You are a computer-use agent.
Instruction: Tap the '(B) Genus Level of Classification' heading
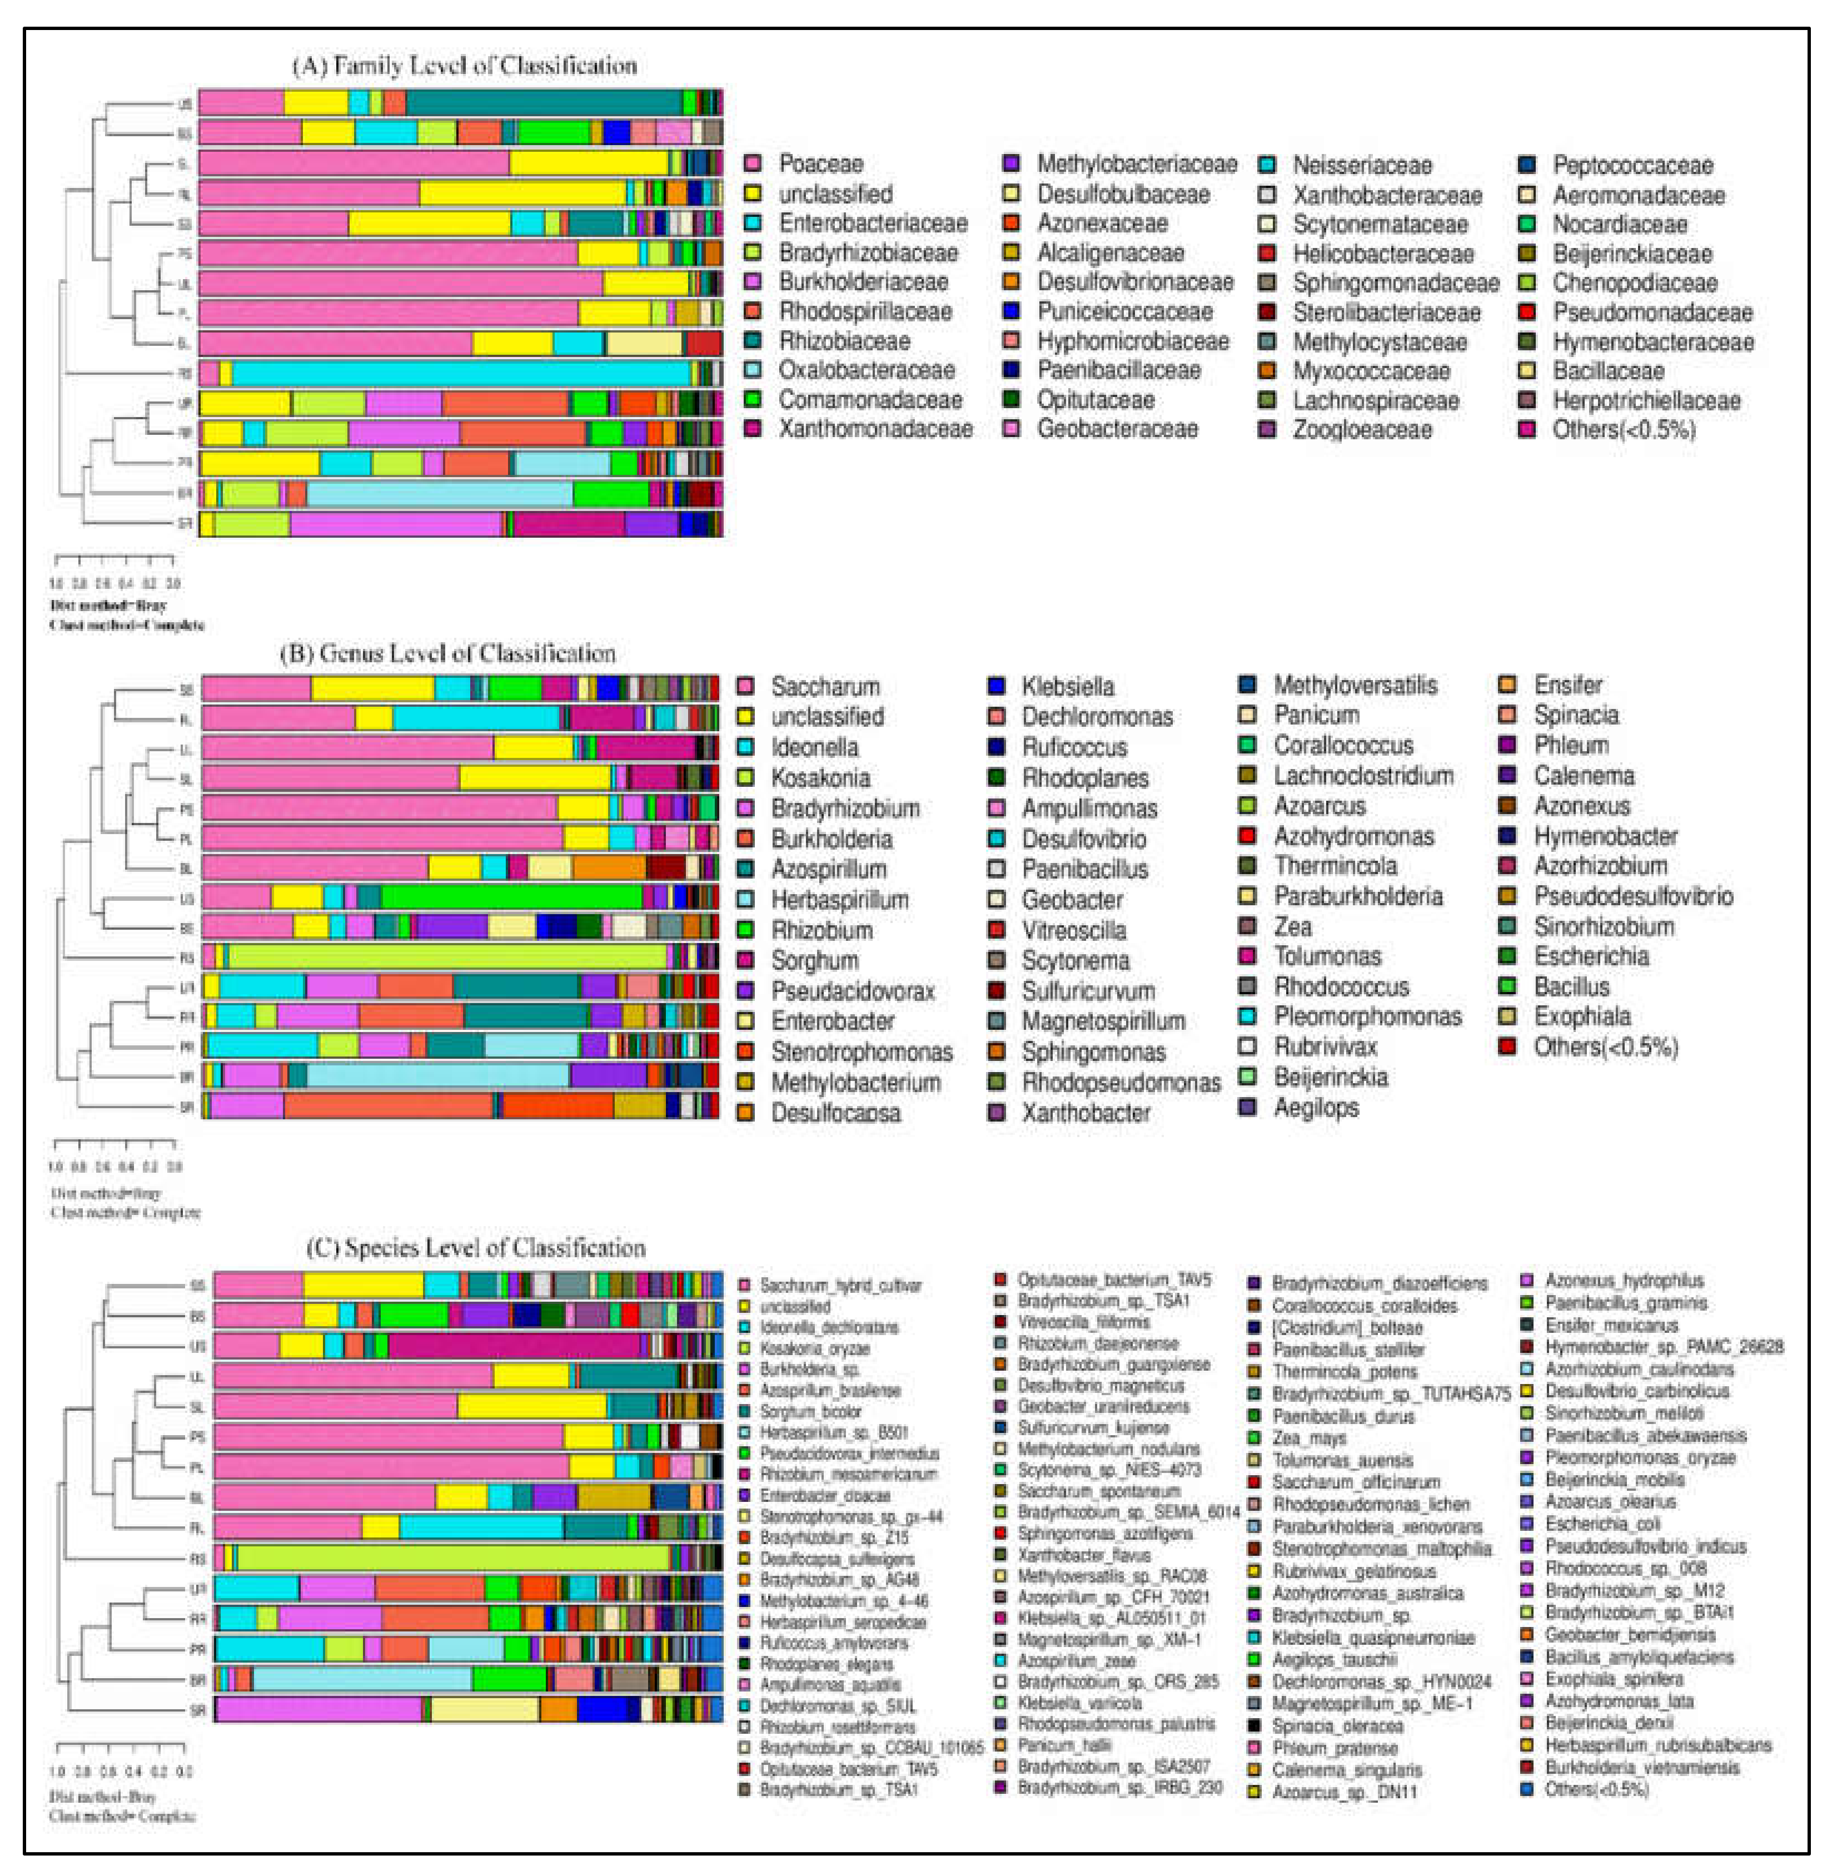[x=447, y=653]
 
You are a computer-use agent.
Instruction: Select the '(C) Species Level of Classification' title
[x=476, y=1248]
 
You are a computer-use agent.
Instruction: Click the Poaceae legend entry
[x=820, y=164]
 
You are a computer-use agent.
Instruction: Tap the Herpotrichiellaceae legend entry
[x=1646, y=400]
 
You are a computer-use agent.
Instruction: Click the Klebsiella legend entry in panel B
[x=1067, y=687]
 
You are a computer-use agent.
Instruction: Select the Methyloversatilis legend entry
[x=1355, y=685]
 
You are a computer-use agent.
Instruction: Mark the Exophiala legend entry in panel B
[x=1582, y=1016]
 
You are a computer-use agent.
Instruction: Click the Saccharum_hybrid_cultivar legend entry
[x=839, y=1286]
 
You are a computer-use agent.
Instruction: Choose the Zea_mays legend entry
[x=1308, y=1438]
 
